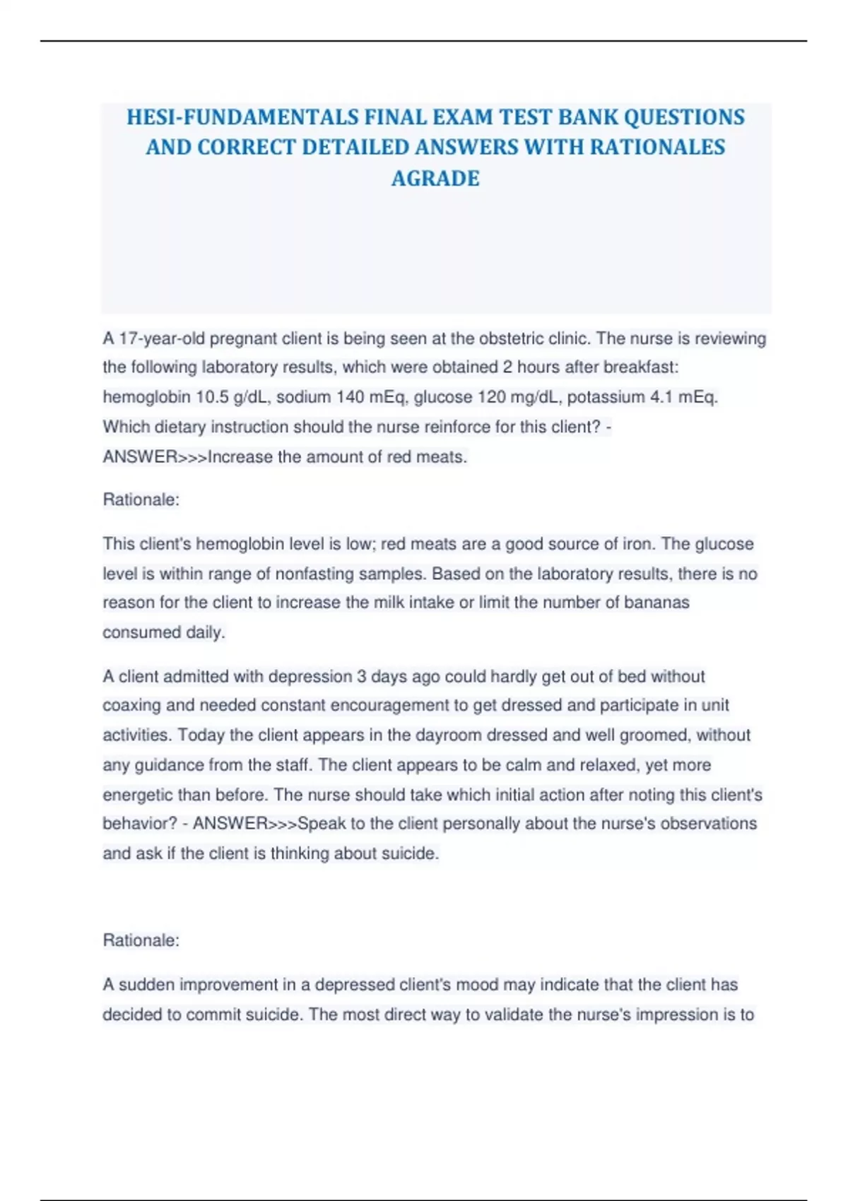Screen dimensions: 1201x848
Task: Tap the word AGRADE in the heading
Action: coord(435,178)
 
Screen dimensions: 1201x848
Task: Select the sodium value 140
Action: coord(350,397)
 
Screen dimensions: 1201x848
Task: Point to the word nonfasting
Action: coord(314,574)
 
